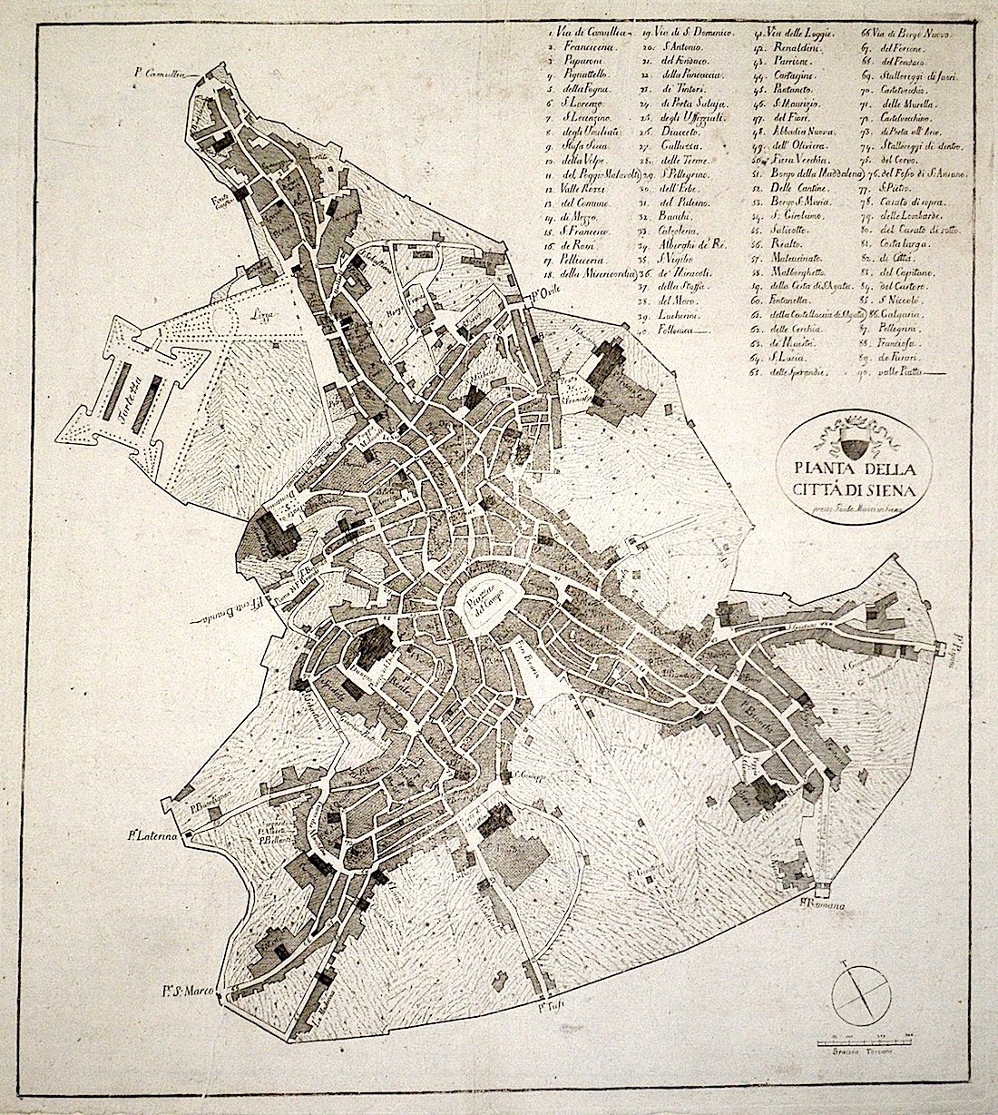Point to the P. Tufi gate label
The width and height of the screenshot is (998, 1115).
tap(545, 1005)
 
